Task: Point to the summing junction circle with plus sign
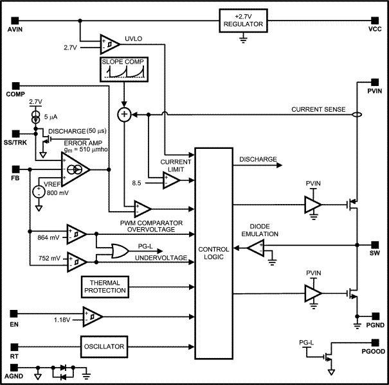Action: pyautogui.click(x=124, y=114)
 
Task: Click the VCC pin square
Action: pyautogui.click(x=376, y=18)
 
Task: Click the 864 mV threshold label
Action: pyautogui.click(x=49, y=237)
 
